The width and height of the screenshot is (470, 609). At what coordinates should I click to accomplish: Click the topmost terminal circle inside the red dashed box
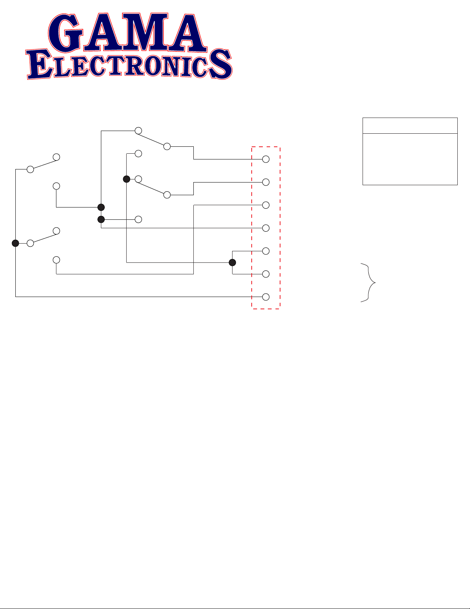click(x=266, y=159)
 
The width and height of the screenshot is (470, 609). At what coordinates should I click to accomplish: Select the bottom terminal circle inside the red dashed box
click(x=266, y=297)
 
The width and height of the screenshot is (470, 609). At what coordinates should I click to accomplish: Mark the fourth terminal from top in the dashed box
click(x=266, y=228)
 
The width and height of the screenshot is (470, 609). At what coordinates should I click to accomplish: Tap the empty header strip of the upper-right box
click(x=410, y=126)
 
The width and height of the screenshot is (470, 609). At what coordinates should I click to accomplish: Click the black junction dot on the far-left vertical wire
click(x=15, y=243)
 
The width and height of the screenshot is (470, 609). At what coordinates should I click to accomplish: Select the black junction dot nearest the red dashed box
click(x=232, y=263)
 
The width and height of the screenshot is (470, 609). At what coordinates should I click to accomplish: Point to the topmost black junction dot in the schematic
click(x=126, y=179)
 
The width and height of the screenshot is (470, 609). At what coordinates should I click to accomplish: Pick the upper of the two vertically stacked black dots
click(x=101, y=207)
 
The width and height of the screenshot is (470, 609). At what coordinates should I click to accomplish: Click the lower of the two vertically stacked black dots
click(x=101, y=219)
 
